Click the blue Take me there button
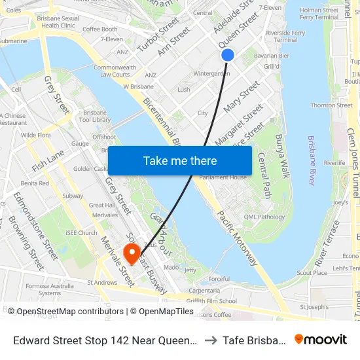tap(179, 160)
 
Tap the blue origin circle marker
tap(228, 55)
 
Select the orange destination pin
tap(132, 253)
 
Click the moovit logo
tap(321, 339)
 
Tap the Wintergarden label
tap(212, 73)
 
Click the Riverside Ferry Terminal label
tap(281, 35)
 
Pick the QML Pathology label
tap(264, 217)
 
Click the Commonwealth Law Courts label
tap(115, 71)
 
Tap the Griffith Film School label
tap(210, 301)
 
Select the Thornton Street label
tap(331, 105)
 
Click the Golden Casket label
tap(91, 169)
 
